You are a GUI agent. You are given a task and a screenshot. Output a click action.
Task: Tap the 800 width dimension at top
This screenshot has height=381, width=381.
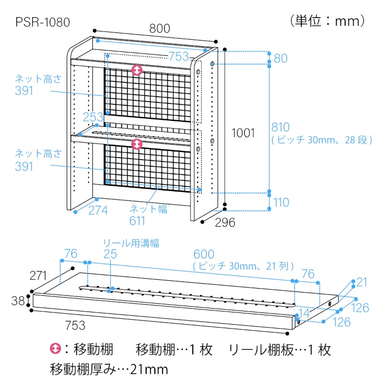(x=159, y=29)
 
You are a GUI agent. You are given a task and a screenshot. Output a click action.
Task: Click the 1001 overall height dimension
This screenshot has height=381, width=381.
(x=243, y=133)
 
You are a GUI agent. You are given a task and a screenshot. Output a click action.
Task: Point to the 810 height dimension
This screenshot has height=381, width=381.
(x=281, y=127)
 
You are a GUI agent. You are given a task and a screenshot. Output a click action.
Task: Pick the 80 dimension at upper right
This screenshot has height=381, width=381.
(x=281, y=58)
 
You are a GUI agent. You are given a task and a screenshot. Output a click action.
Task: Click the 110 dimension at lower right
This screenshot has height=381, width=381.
(x=281, y=202)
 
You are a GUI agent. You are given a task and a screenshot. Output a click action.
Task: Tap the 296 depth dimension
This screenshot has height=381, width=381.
(x=224, y=222)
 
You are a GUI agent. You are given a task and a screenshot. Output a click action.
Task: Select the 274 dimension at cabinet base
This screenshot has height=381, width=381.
(x=98, y=210)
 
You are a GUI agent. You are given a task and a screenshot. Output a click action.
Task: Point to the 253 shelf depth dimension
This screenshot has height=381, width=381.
(x=92, y=117)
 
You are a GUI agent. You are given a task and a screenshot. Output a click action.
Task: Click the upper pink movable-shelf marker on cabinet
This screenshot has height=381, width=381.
(x=137, y=70)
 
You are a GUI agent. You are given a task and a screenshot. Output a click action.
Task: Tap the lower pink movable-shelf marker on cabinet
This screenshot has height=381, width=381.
(x=137, y=143)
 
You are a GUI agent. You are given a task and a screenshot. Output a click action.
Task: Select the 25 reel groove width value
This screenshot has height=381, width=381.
(x=110, y=254)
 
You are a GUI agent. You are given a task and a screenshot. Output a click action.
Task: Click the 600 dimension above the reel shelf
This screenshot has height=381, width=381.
(x=204, y=254)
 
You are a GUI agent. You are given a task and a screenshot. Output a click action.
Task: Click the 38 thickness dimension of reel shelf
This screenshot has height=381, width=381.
(x=18, y=301)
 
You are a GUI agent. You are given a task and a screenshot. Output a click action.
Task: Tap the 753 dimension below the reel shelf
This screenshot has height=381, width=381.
(x=75, y=326)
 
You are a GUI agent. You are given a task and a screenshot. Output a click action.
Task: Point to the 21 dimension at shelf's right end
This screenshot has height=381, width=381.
(x=362, y=282)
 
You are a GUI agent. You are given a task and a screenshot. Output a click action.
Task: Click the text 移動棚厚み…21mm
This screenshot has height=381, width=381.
(x=109, y=369)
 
